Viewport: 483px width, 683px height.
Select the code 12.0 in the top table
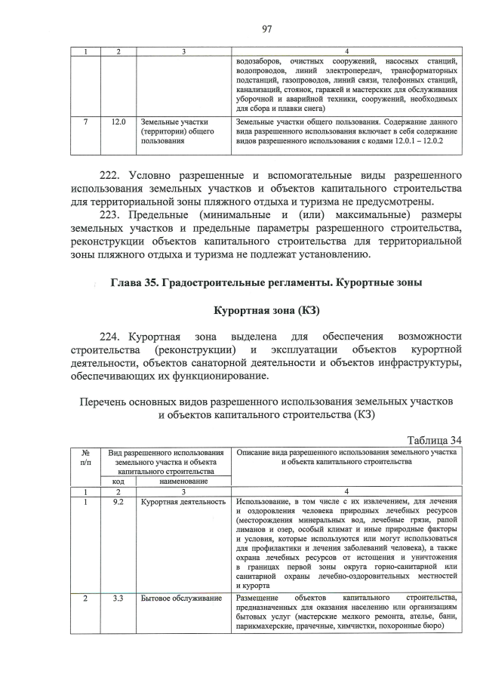pos(118,121)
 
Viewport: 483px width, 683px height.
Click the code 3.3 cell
pos(118,598)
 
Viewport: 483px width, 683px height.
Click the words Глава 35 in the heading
pos(139,283)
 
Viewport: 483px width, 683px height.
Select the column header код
pos(118,481)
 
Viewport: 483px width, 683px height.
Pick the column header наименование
pos(183,481)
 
